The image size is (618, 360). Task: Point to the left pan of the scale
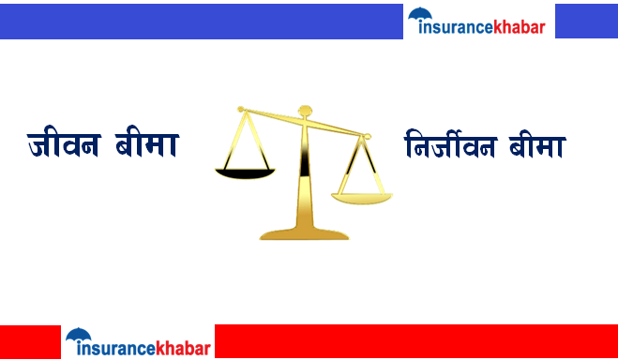[x=245, y=172]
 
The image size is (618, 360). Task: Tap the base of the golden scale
[x=303, y=232]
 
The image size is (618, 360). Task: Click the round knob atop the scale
[x=303, y=111]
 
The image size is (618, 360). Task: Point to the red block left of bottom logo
[x=30, y=341]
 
